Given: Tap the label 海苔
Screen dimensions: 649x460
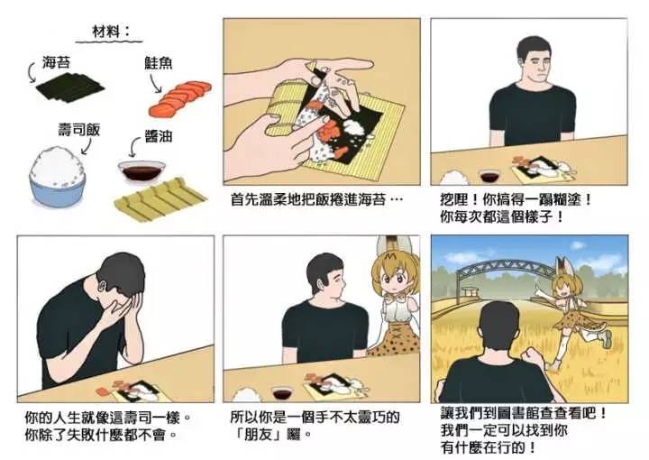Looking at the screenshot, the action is [x=56, y=62].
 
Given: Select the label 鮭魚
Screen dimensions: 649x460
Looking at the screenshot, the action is [x=158, y=62].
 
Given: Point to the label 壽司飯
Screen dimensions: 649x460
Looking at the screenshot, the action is [x=79, y=130].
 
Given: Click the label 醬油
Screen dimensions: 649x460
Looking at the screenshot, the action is [x=158, y=136].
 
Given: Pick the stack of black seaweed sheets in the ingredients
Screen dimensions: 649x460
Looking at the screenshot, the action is [x=69, y=87].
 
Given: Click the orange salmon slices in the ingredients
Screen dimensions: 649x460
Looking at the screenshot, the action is [x=179, y=98].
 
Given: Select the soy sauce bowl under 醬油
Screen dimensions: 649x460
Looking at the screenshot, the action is [x=142, y=171].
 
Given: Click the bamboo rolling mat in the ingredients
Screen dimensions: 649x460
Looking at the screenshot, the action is [x=160, y=198].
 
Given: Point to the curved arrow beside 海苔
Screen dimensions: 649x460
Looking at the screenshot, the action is [x=32, y=72].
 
